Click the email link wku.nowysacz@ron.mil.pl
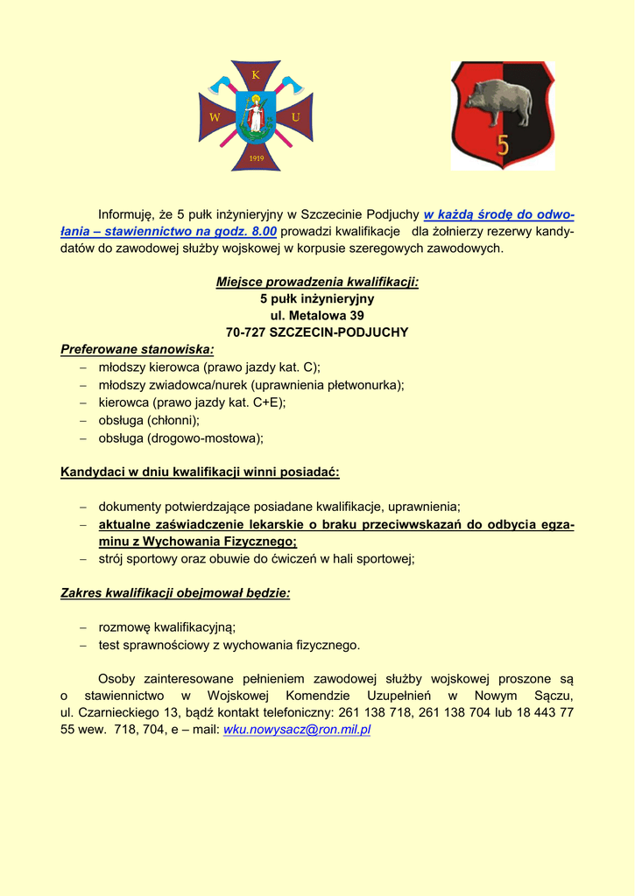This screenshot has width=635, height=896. click(x=297, y=729)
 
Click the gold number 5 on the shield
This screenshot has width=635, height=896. click(x=503, y=143)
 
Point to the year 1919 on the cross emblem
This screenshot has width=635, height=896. click(x=257, y=157)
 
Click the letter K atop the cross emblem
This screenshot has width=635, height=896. click(x=256, y=75)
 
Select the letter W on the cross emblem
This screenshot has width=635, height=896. click(x=215, y=117)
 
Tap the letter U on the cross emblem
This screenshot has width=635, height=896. click(x=296, y=117)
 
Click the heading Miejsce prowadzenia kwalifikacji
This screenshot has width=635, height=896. click(x=317, y=282)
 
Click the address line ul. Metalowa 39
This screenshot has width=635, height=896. click(x=317, y=315)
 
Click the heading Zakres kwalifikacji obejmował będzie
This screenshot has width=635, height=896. click(x=175, y=592)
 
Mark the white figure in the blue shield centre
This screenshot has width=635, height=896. click(x=256, y=115)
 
